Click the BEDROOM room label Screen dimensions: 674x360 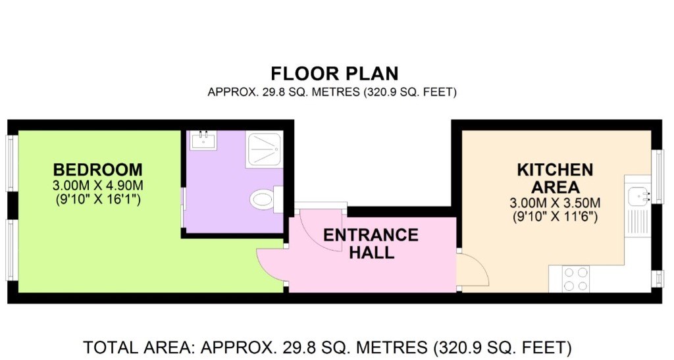(97, 170)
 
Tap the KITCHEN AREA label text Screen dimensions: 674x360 (555, 178)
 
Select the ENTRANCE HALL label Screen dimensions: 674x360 (371, 244)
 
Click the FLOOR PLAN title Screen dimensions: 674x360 (334, 74)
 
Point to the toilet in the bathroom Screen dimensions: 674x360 (265, 199)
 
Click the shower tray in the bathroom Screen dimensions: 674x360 (264, 149)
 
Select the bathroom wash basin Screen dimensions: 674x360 (203, 140)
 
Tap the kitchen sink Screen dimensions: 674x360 (638, 196)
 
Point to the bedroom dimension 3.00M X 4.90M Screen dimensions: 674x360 (97, 186)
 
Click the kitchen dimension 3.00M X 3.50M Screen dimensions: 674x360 (555, 203)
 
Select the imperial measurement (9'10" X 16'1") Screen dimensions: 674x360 (97, 200)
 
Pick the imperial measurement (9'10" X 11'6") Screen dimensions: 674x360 (555, 217)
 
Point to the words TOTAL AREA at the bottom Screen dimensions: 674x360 (140, 347)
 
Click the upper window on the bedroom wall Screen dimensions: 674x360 (13, 163)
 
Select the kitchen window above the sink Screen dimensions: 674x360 (657, 176)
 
